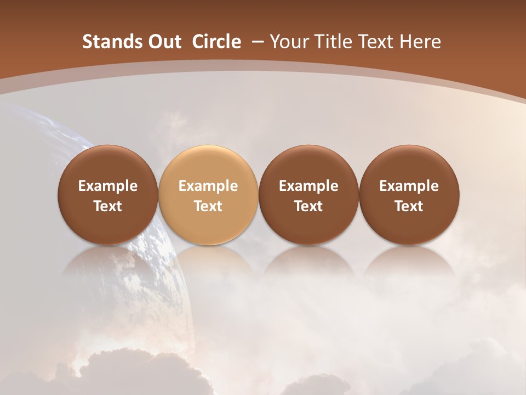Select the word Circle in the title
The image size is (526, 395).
[216, 42]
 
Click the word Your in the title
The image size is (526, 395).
[290, 42]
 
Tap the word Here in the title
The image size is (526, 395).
[421, 42]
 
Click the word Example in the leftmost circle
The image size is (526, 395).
[107, 186]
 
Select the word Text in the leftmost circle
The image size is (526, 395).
[107, 206]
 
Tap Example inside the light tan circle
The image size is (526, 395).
[208, 186]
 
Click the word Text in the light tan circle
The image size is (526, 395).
[208, 206]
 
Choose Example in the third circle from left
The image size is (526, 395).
[308, 186]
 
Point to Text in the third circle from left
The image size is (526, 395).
[308, 206]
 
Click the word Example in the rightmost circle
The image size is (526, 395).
[409, 186]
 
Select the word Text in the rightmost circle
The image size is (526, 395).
[409, 206]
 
